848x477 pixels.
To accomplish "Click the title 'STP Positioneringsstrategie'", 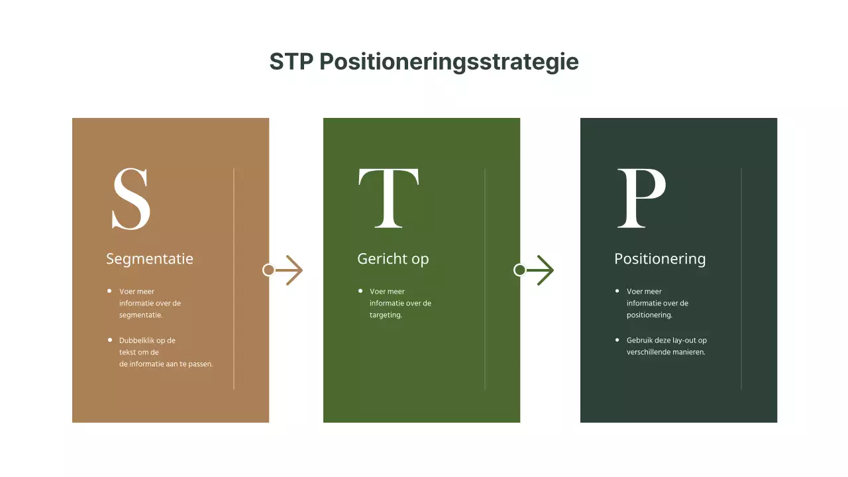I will (x=424, y=62).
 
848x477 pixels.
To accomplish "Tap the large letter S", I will (x=131, y=199).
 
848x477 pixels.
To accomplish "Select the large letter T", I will (x=388, y=197).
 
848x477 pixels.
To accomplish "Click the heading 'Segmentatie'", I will (x=150, y=258).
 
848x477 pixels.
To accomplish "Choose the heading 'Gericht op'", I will (x=393, y=258).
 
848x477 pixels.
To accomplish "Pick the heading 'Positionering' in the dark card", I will (x=660, y=258).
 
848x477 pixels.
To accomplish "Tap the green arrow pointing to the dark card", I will (x=541, y=270).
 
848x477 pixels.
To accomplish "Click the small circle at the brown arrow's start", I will (x=268, y=270).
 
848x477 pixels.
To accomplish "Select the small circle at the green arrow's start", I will (x=520, y=270).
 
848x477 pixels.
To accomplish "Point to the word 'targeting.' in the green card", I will (x=386, y=315).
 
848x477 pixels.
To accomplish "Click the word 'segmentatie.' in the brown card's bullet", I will (x=140, y=315).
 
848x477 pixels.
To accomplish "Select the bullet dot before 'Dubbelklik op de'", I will (x=109, y=340).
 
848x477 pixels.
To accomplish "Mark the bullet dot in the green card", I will (x=360, y=291).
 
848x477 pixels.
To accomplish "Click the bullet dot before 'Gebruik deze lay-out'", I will (x=617, y=340).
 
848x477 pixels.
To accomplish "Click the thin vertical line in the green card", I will (x=485, y=278).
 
